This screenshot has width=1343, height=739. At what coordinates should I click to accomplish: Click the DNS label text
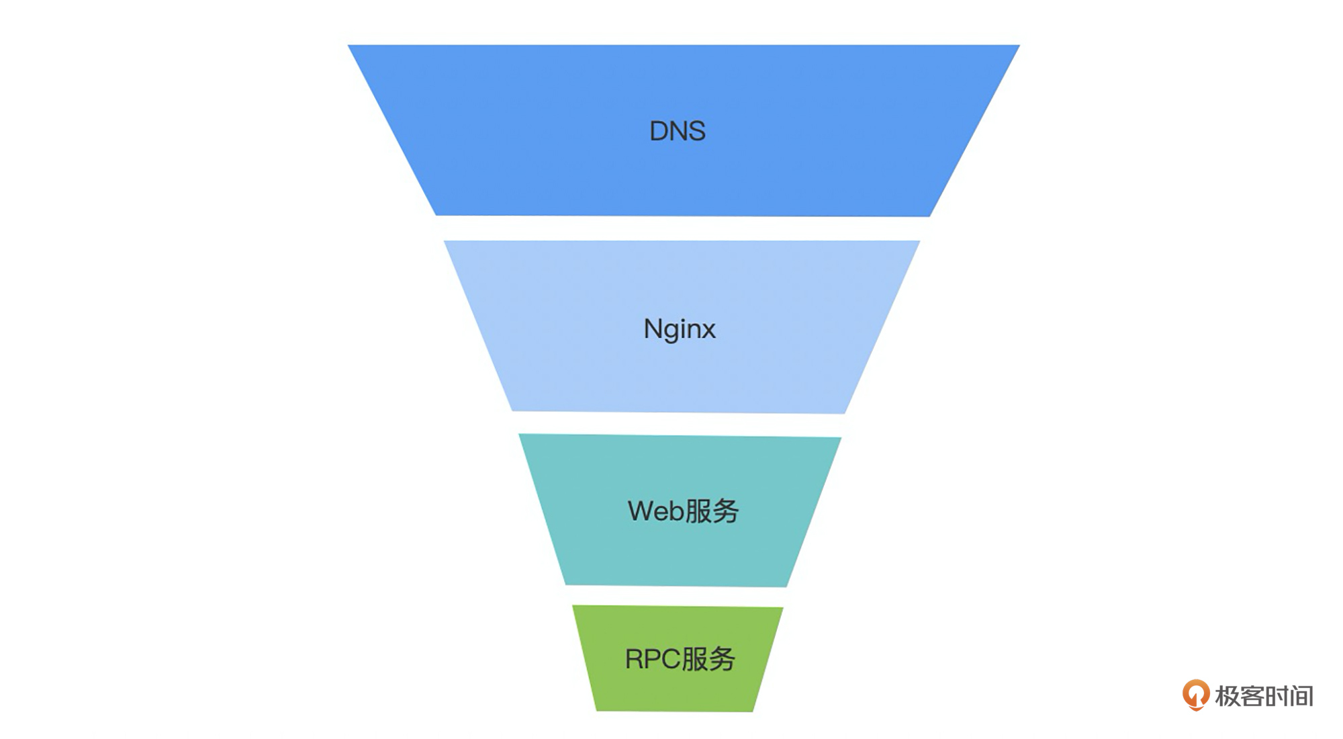[x=677, y=131]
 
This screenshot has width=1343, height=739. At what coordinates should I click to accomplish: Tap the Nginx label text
[x=680, y=329]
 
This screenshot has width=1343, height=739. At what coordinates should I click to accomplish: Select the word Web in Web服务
[x=655, y=511]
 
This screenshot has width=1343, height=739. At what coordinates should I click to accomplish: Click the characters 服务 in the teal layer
[x=712, y=511]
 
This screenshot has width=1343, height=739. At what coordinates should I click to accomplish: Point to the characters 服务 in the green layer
[x=708, y=659]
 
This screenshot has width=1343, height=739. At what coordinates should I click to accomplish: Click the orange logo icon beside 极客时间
[x=1195, y=695]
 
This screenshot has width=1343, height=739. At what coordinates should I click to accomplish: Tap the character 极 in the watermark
[x=1227, y=696]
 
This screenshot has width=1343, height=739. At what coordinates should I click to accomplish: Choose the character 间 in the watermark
[x=1301, y=696]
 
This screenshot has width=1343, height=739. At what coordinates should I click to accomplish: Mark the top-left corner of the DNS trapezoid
[x=349, y=46]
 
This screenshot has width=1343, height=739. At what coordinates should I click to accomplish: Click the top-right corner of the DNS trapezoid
[x=1018, y=46]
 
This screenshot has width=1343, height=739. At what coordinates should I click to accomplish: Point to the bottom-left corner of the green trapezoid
[x=597, y=709]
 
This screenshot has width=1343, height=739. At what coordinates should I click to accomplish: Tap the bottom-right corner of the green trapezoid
[x=753, y=711]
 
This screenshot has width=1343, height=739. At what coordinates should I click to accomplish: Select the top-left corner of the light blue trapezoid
[x=445, y=242]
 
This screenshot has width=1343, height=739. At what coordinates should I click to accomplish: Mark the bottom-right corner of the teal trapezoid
[x=786, y=586]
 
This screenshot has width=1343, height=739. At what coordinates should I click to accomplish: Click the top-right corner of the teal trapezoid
[x=840, y=439]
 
